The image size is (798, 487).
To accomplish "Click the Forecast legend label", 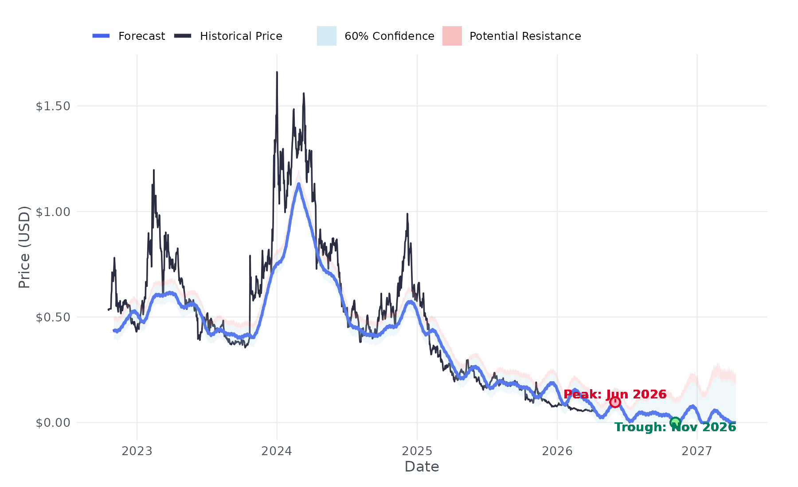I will (141, 36).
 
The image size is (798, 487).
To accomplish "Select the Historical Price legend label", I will (241, 36).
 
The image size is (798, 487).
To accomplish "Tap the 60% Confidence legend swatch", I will (326, 36).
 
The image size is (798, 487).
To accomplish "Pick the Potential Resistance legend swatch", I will (452, 36).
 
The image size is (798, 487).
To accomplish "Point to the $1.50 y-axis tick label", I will (53, 106).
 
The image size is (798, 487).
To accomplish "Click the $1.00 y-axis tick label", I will (53, 212).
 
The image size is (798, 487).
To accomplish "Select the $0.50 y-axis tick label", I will (53, 317).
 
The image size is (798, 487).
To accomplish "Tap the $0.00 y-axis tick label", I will (53, 422).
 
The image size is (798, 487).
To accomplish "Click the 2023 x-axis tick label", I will (137, 451).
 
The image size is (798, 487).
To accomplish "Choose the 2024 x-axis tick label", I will (277, 451).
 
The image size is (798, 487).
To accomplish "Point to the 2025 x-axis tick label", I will (417, 451).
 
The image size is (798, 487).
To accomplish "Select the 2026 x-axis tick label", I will (557, 451).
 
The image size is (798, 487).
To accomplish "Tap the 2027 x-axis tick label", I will (697, 451).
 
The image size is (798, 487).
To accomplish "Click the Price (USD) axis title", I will (24, 247).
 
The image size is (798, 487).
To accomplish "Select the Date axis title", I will (422, 467).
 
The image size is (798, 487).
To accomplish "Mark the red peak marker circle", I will (614, 402).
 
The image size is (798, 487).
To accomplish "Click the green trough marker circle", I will (675, 422).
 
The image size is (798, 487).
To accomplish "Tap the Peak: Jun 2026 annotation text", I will (615, 394).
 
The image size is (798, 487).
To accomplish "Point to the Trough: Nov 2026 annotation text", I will (675, 427).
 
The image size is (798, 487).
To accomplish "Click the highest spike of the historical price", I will (277, 72).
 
